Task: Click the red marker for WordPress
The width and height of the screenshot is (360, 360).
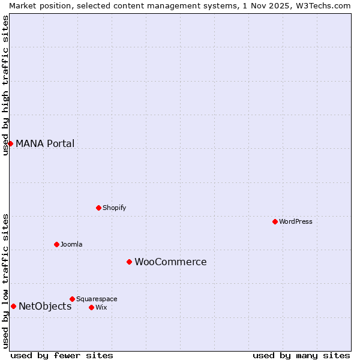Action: click(x=275, y=221)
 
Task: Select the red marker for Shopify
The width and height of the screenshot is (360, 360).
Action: click(x=98, y=208)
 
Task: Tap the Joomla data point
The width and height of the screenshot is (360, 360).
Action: click(x=56, y=244)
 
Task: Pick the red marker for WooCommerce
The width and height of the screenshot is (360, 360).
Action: click(x=129, y=262)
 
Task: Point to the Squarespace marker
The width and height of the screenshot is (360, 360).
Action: click(x=72, y=299)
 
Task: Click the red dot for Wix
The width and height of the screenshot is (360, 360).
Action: click(x=91, y=307)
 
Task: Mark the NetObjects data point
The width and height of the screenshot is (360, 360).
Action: click(x=13, y=306)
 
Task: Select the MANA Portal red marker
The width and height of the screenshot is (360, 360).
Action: click(x=10, y=143)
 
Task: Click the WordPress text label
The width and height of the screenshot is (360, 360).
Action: click(x=296, y=221)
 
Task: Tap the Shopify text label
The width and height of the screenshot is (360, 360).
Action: click(x=114, y=208)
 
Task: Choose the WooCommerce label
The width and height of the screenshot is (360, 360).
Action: click(x=170, y=262)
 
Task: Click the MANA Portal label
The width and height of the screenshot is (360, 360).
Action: click(x=45, y=143)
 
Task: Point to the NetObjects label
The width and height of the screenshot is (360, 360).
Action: click(x=45, y=306)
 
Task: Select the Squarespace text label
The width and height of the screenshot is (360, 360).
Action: click(x=97, y=299)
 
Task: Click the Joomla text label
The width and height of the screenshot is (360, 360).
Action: click(x=71, y=244)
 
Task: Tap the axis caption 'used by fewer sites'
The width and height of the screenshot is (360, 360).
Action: click(x=62, y=355)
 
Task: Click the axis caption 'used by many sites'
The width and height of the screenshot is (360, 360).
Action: click(x=301, y=355)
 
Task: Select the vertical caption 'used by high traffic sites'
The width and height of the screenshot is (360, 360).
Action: click(x=6, y=85)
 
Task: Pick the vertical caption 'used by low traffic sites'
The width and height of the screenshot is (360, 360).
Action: click(x=6, y=281)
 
